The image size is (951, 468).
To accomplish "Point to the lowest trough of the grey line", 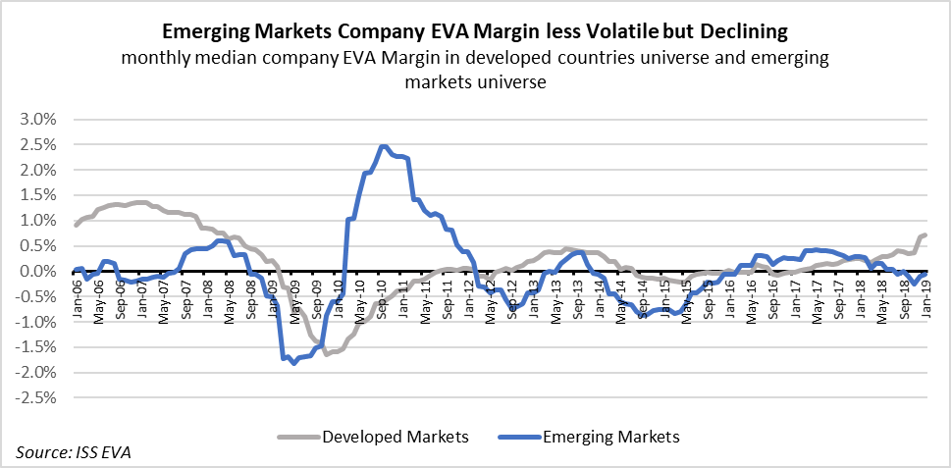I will point(327,353).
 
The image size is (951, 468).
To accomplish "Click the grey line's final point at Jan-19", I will point(927,234).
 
